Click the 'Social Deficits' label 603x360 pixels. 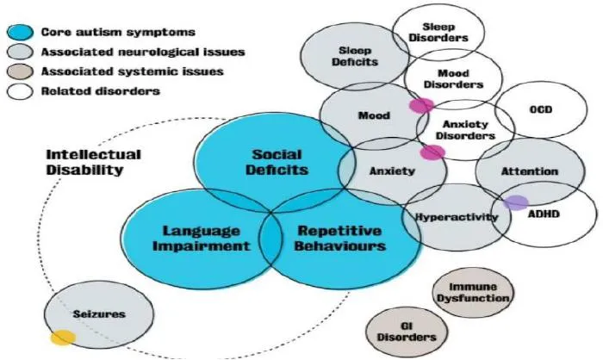click(x=277, y=162)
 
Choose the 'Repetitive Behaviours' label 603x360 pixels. click(x=341, y=238)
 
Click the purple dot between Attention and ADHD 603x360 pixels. click(x=516, y=203)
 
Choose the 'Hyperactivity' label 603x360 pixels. click(x=457, y=217)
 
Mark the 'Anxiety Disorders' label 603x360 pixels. click(x=466, y=129)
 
